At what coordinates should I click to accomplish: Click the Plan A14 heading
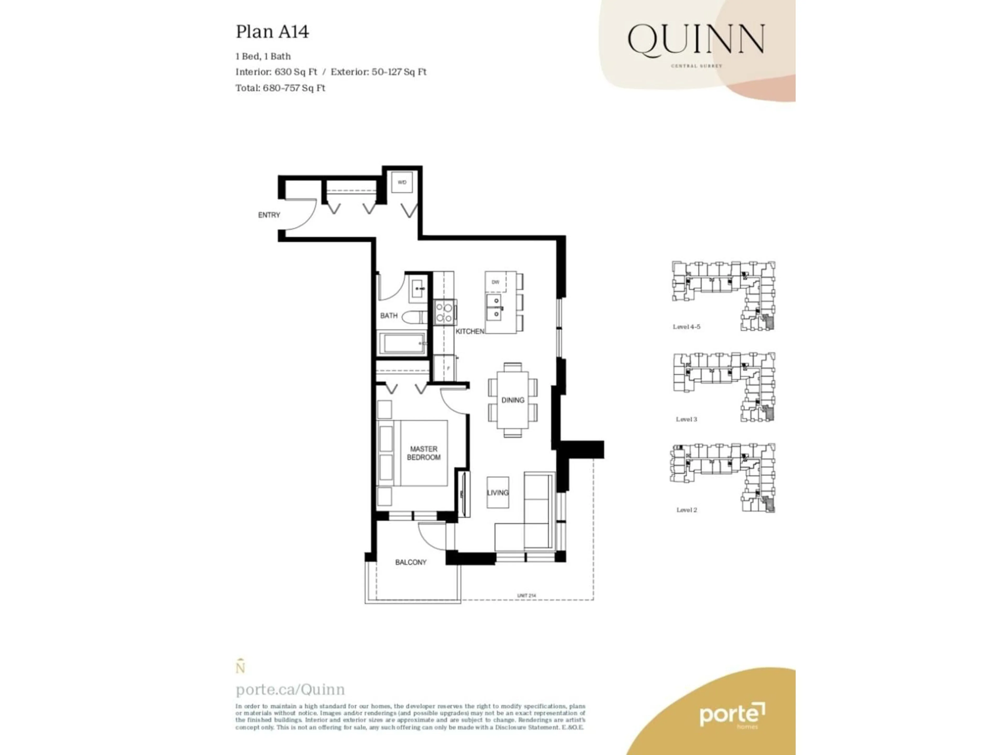pyautogui.click(x=272, y=32)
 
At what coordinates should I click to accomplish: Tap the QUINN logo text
pyautogui.click(x=696, y=40)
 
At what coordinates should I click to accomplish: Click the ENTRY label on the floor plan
pyautogui.click(x=269, y=215)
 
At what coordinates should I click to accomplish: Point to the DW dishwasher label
pyautogui.click(x=495, y=282)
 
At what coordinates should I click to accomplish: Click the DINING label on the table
pyautogui.click(x=513, y=400)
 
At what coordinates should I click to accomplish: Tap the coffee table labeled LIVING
pyautogui.click(x=497, y=492)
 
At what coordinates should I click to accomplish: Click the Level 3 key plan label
pyautogui.click(x=686, y=419)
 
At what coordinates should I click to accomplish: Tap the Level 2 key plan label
pyautogui.click(x=686, y=510)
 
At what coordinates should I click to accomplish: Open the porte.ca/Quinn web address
pyautogui.click(x=290, y=689)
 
